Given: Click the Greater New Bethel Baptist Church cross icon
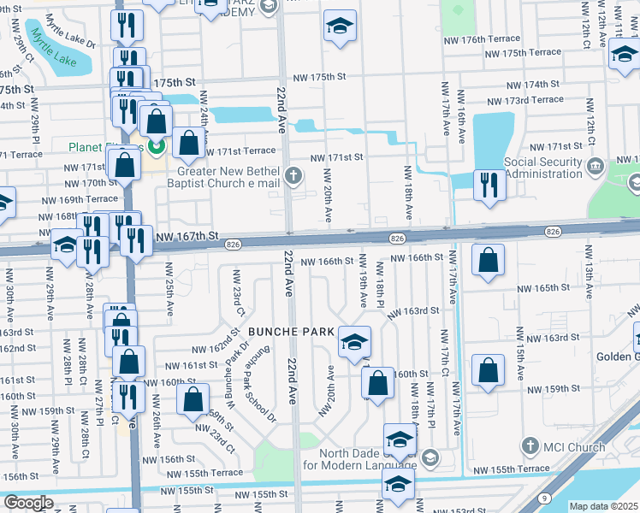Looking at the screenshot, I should click(x=293, y=177).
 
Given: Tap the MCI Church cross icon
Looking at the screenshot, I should click(x=530, y=446).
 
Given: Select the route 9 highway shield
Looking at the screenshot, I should click(x=545, y=498).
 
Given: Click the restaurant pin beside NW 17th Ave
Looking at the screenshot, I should click(x=489, y=186).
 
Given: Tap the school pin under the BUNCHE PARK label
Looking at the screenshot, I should click(x=354, y=342).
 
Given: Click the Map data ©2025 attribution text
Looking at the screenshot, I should click(x=602, y=506).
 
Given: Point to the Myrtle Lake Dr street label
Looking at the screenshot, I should click(x=69, y=38).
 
